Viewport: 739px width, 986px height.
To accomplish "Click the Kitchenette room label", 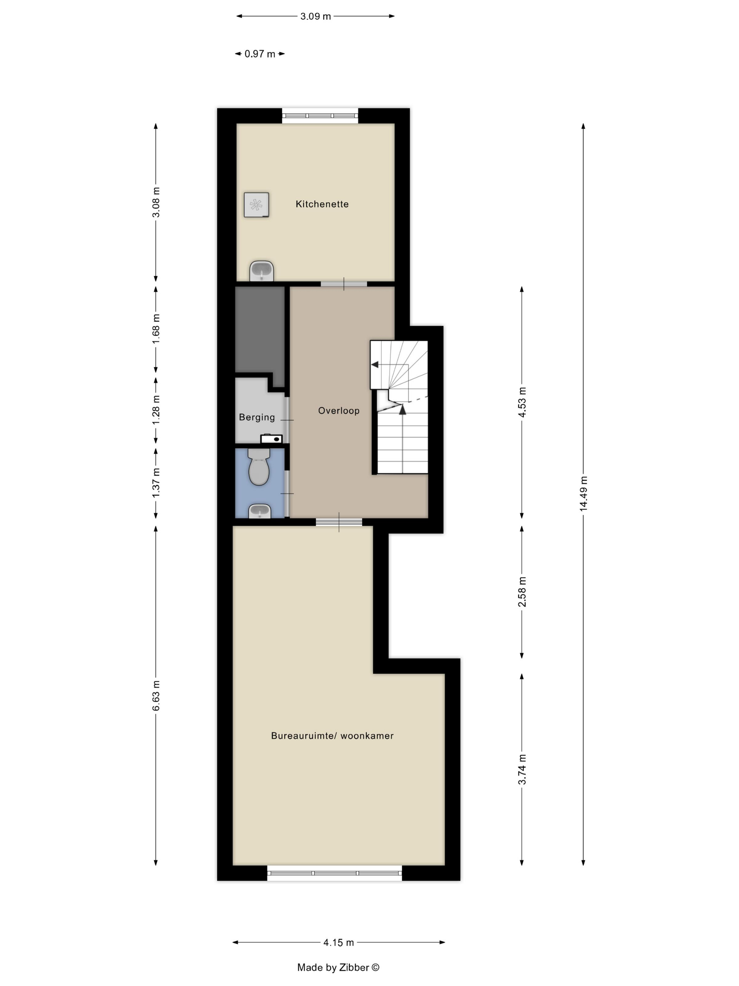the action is point(322,204).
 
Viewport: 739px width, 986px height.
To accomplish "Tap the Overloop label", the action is point(339,411).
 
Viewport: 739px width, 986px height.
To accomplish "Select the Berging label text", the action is point(257,418).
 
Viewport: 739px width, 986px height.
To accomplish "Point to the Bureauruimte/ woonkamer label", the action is point(332,736).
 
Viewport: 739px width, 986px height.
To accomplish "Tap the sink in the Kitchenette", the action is point(261,271).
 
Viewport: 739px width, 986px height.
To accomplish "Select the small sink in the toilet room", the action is point(260,511).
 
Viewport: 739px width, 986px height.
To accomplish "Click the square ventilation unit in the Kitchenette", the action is point(256,205).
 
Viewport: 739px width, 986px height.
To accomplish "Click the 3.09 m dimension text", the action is point(315,17).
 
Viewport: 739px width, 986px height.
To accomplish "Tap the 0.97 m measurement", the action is point(260,54).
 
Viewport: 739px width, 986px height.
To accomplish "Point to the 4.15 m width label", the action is point(339,942).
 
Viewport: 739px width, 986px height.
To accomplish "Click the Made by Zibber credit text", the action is point(338,967).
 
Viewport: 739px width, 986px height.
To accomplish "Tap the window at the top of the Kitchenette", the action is point(320,116).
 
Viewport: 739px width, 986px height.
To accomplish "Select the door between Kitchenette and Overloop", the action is point(344,284).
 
